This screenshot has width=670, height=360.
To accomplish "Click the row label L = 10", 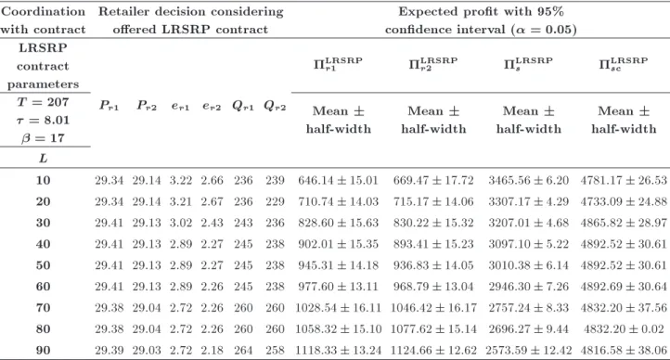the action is [x=44, y=180].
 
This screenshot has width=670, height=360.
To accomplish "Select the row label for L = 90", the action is [x=44, y=350].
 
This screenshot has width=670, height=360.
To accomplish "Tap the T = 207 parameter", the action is [x=44, y=102].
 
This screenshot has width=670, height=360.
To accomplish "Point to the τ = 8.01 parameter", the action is [x=44, y=120].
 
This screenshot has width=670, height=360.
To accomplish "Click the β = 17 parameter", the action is [x=44, y=138].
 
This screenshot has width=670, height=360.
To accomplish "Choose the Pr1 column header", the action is [x=109, y=105].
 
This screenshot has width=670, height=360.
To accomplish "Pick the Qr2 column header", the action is [x=275, y=106].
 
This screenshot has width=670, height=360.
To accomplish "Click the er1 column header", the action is [x=180, y=106].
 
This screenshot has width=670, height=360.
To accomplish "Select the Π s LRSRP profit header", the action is [x=528, y=63].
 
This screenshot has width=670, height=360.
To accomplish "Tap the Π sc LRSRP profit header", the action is [x=624, y=63].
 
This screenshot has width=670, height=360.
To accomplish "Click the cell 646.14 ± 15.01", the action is [x=338, y=180].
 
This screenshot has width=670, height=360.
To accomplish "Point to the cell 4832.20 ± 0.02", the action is [x=624, y=328].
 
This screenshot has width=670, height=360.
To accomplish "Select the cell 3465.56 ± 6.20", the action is [x=529, y=180].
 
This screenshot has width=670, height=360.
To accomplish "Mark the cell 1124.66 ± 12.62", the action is [x=433, y=350].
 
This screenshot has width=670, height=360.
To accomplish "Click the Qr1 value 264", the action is [x=243, y=350].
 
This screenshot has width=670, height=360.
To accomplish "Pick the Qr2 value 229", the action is [x=275, y=201].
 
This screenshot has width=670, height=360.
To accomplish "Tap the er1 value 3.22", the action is [x=180, y=180].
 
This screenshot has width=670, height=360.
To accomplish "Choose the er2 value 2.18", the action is [x=212, y=350].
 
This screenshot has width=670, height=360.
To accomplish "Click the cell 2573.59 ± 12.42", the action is [x=529, y=350].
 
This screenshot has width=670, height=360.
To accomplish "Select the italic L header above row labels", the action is [x=44, y=159].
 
